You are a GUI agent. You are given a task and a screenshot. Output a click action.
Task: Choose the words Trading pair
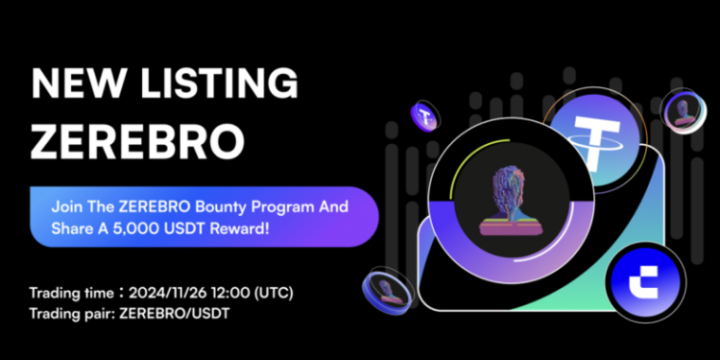64,312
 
